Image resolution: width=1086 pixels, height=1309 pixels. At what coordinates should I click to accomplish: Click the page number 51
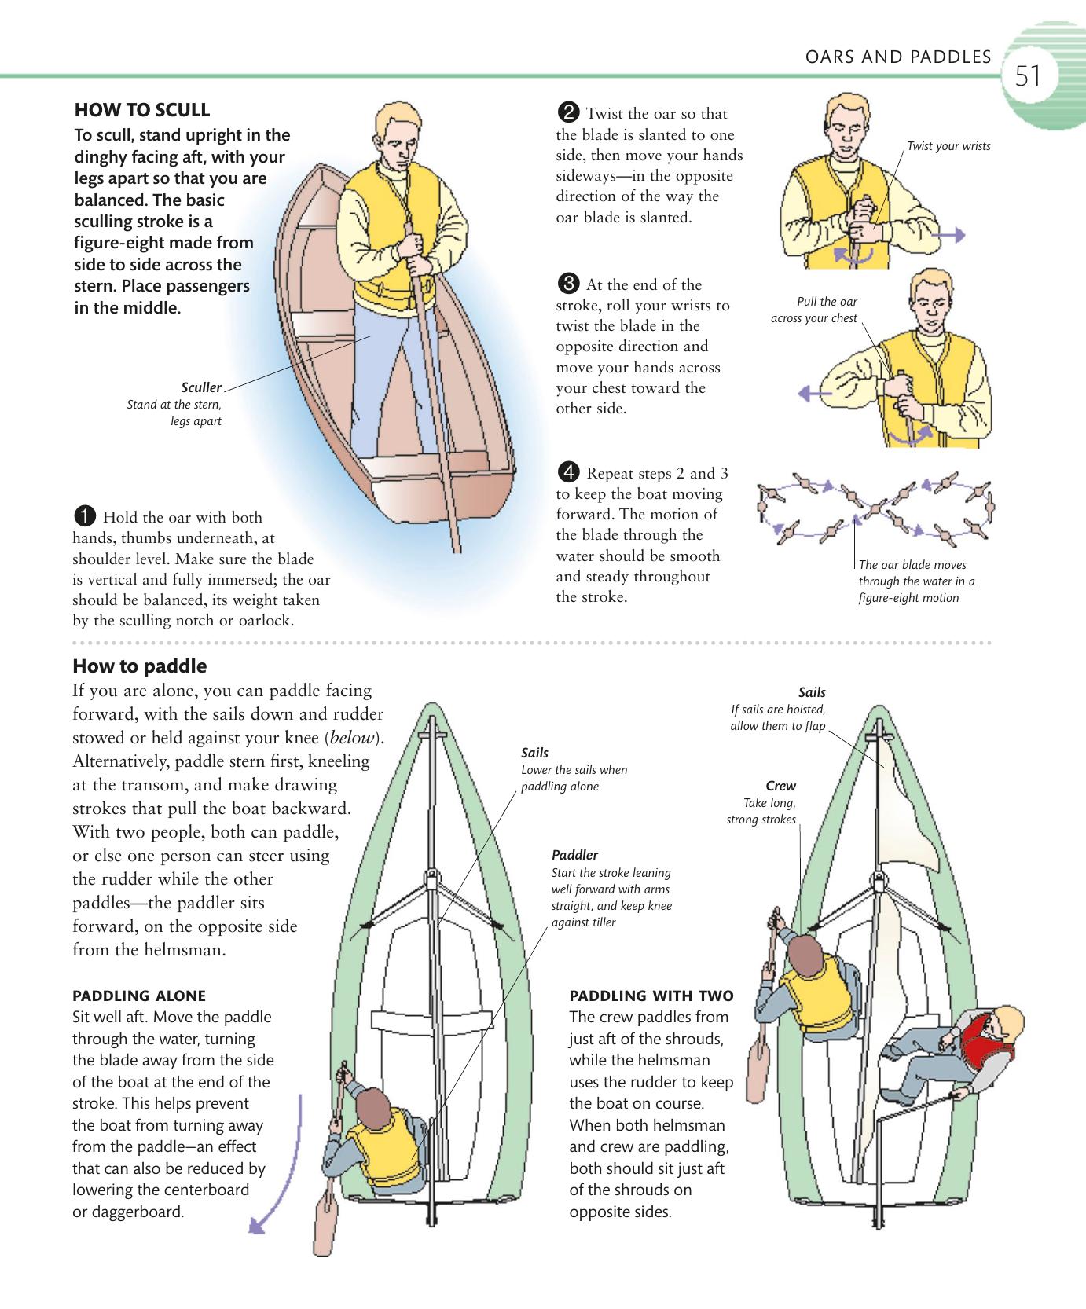coord(1028,77)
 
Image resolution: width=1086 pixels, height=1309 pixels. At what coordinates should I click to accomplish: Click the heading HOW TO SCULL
coord(141,109)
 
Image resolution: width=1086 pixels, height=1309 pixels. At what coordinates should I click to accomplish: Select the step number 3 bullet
coord(568,284)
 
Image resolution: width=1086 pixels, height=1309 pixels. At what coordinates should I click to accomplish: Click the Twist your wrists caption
coord(948,146)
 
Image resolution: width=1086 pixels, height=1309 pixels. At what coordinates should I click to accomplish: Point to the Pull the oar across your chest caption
coord(815,310)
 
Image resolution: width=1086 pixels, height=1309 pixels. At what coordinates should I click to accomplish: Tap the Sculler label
coord(201,387)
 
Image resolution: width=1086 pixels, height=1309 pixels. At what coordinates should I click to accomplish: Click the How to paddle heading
coord(140,666)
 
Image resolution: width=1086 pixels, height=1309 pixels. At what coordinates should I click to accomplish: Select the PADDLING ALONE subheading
coord(139,995)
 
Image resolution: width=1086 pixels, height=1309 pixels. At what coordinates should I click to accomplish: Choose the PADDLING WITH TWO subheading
coord(651,995)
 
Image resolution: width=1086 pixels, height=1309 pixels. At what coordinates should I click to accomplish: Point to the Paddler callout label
coord(574,855)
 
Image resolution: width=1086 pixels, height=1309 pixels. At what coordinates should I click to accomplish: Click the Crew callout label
coord(780,786)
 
